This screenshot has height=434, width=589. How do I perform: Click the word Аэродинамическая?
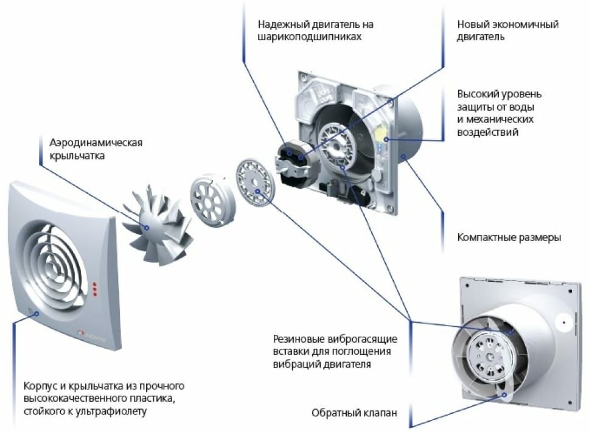point(97,143)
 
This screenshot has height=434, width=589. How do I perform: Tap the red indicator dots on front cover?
point(94,289)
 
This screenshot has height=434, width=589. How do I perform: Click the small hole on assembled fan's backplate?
point(564,320)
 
